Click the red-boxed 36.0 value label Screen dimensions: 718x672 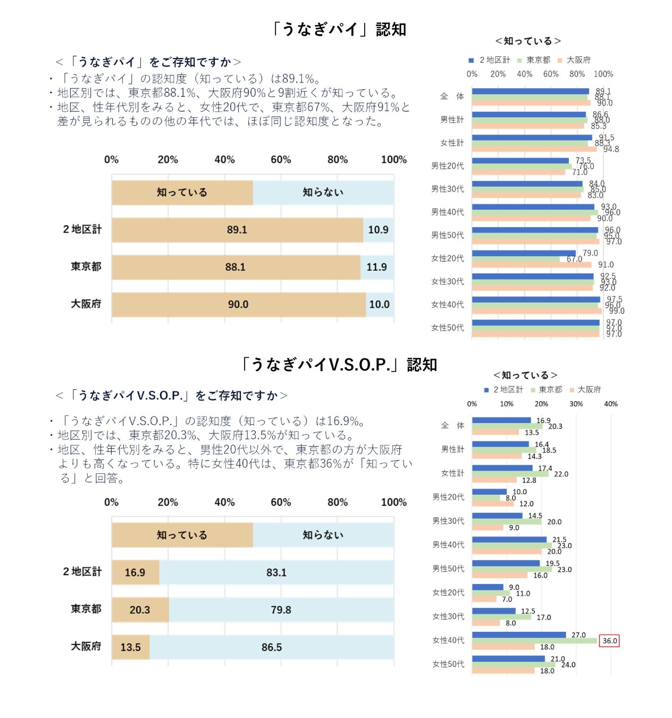click(609, 641)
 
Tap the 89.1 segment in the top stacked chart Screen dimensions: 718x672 click(237, 230)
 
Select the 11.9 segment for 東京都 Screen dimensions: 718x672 click(377, 267)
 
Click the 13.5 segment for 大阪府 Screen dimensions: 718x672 click(131, 647)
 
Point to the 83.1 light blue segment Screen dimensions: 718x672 click(276, 572)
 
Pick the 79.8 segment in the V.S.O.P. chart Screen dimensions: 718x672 click(281, 610)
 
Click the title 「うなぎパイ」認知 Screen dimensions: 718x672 click(338, 29)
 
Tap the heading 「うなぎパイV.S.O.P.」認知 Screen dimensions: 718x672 click(338, 365)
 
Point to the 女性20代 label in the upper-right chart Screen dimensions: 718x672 click(447, 258)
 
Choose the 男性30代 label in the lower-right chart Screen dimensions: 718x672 click(448, 521)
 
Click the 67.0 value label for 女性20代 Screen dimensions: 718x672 click(574, 260)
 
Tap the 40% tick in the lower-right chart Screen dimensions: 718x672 click(611, 404)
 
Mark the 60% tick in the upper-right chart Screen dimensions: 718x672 click(551, 74)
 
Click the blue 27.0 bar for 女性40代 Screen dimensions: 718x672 click(518, 635)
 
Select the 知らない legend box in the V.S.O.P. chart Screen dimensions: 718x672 click(323, 535)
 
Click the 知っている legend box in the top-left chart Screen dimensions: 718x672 click(182, 193)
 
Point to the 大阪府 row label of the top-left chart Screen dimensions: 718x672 click(86, 304)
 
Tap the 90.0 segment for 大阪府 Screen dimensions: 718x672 click(238, 305)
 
